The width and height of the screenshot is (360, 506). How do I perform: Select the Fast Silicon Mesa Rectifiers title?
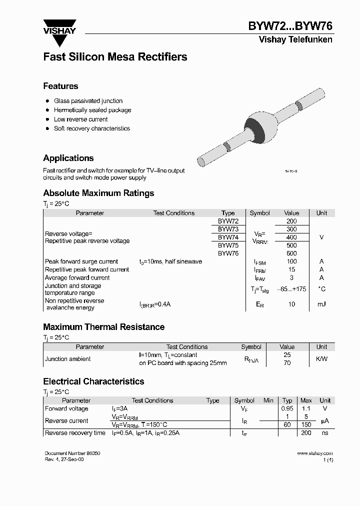tap(115, 57)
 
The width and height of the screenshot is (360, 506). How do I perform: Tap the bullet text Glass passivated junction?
tap(88, 101)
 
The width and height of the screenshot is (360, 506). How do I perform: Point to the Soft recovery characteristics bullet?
tap(91, 128)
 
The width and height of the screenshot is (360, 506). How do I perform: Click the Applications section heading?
tap(68, 158)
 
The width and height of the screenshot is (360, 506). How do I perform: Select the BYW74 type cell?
tap(228, 237)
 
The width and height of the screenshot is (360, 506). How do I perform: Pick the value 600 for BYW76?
tap(291, 253)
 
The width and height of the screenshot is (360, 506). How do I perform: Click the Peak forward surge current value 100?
tap(291, 261)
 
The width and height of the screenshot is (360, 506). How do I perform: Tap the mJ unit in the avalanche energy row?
tap(321, 304)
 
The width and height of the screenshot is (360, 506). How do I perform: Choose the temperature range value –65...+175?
tap(291, 289)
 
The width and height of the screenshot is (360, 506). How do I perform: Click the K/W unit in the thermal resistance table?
tap(321, 359)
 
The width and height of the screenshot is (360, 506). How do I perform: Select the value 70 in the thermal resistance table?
tap(287, 363)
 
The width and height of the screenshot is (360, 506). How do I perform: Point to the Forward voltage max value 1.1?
tap(306, 408)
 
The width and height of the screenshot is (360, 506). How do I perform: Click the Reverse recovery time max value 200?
tap(306, 433)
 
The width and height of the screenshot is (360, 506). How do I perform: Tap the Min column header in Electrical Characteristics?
tap(268, 400)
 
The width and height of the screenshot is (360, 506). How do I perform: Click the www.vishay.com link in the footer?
tap(314, 453)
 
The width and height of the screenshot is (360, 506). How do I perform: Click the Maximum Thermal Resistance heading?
tap(103, 327)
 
